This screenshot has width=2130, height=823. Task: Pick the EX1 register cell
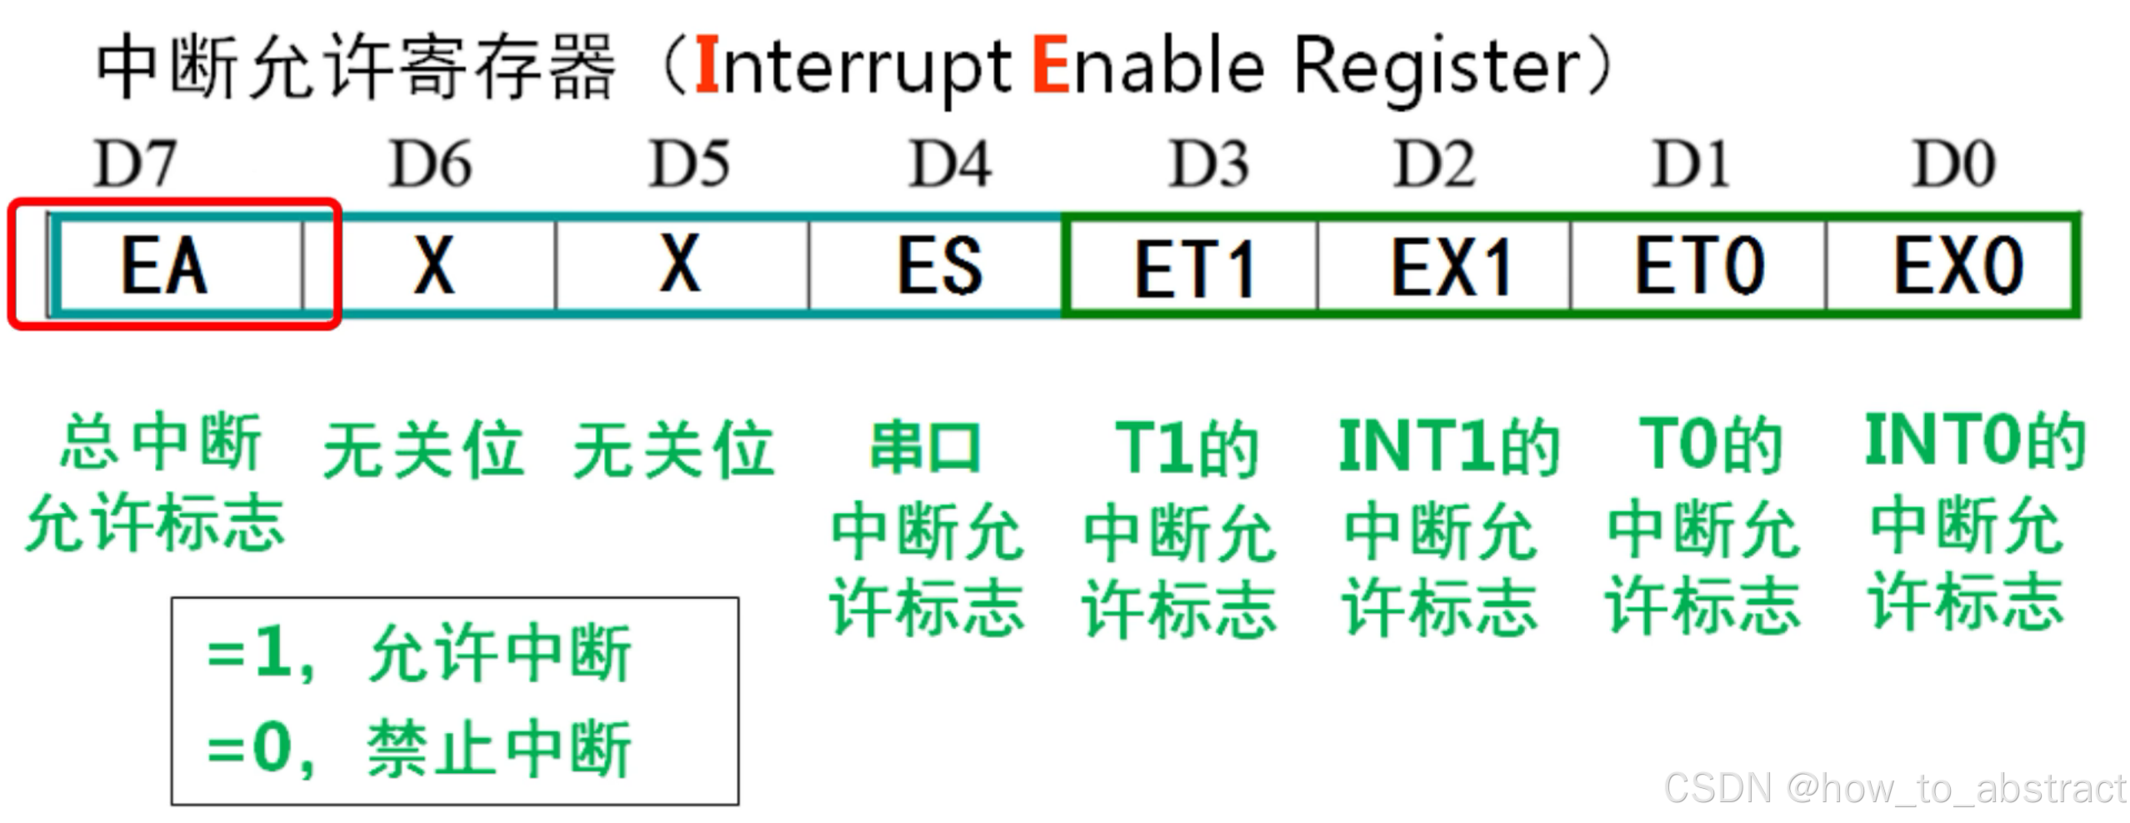(1450, 267)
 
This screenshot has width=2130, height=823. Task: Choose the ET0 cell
(1699, 266)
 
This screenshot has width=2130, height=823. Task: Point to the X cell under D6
(434, 266)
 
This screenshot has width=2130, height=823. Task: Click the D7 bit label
(135, 164)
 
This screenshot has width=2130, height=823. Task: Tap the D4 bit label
(950, 164)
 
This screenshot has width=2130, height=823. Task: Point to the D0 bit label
(1954, 164)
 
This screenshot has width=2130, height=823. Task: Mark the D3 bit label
(1208, 164)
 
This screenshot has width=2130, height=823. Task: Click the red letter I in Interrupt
(707, 65)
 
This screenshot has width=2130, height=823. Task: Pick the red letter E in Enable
(1050, 65)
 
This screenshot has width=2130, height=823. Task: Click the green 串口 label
(925, 448)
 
